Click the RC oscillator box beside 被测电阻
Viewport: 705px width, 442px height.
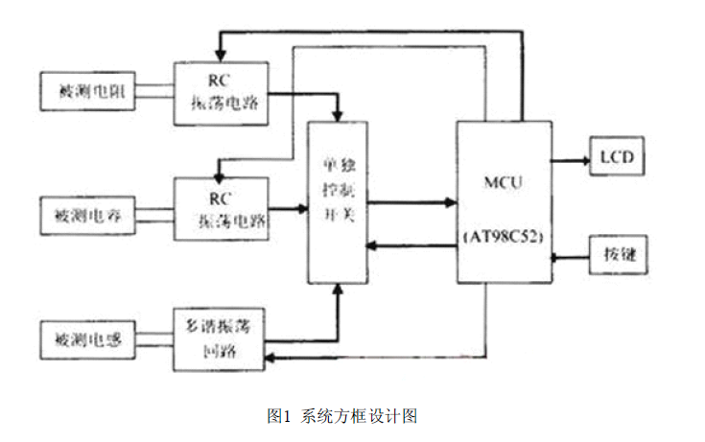[221, 93]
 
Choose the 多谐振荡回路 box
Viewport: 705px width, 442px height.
[221, 339]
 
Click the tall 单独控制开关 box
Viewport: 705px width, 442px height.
[337, 202]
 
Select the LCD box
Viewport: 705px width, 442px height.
[611, 156]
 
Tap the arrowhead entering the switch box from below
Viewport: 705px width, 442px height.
[337, 290]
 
